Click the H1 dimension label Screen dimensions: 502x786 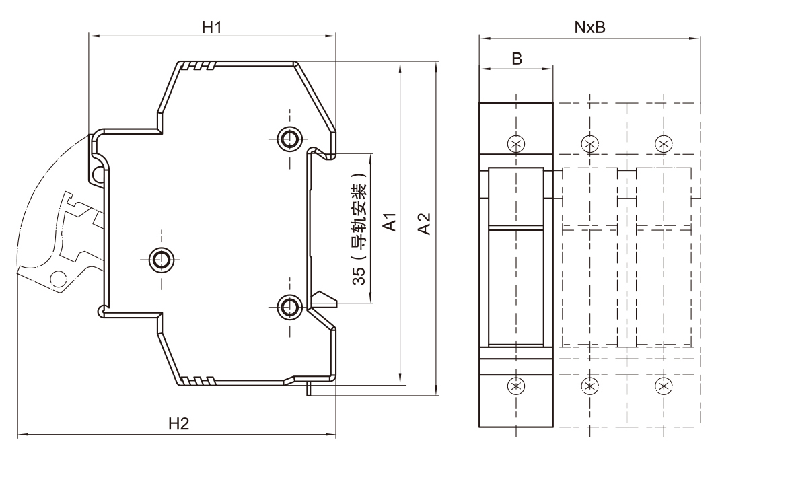tap(212, 27)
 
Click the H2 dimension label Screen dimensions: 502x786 tap(178, 424)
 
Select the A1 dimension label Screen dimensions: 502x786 tap(389, 223)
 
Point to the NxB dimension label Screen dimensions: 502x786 tap(589, 27)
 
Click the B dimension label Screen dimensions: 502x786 tap(516, 59)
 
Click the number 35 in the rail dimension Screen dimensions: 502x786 tap(360, 275)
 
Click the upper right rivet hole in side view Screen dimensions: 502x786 tap(290, 139)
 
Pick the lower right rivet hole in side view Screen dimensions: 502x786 tap(290, 307)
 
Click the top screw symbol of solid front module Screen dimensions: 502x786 tap(516, 143)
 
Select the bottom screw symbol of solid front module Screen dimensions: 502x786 tap(516, 386)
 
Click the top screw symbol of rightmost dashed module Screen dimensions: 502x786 tap(664, 143)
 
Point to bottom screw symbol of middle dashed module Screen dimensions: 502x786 tap(589, 386)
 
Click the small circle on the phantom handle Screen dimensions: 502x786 tap(58, 278)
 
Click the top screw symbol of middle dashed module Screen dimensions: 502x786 tap(589, 143)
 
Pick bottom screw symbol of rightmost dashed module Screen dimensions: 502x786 tap(664, 386)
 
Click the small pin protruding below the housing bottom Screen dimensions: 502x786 tap(309, 389)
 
